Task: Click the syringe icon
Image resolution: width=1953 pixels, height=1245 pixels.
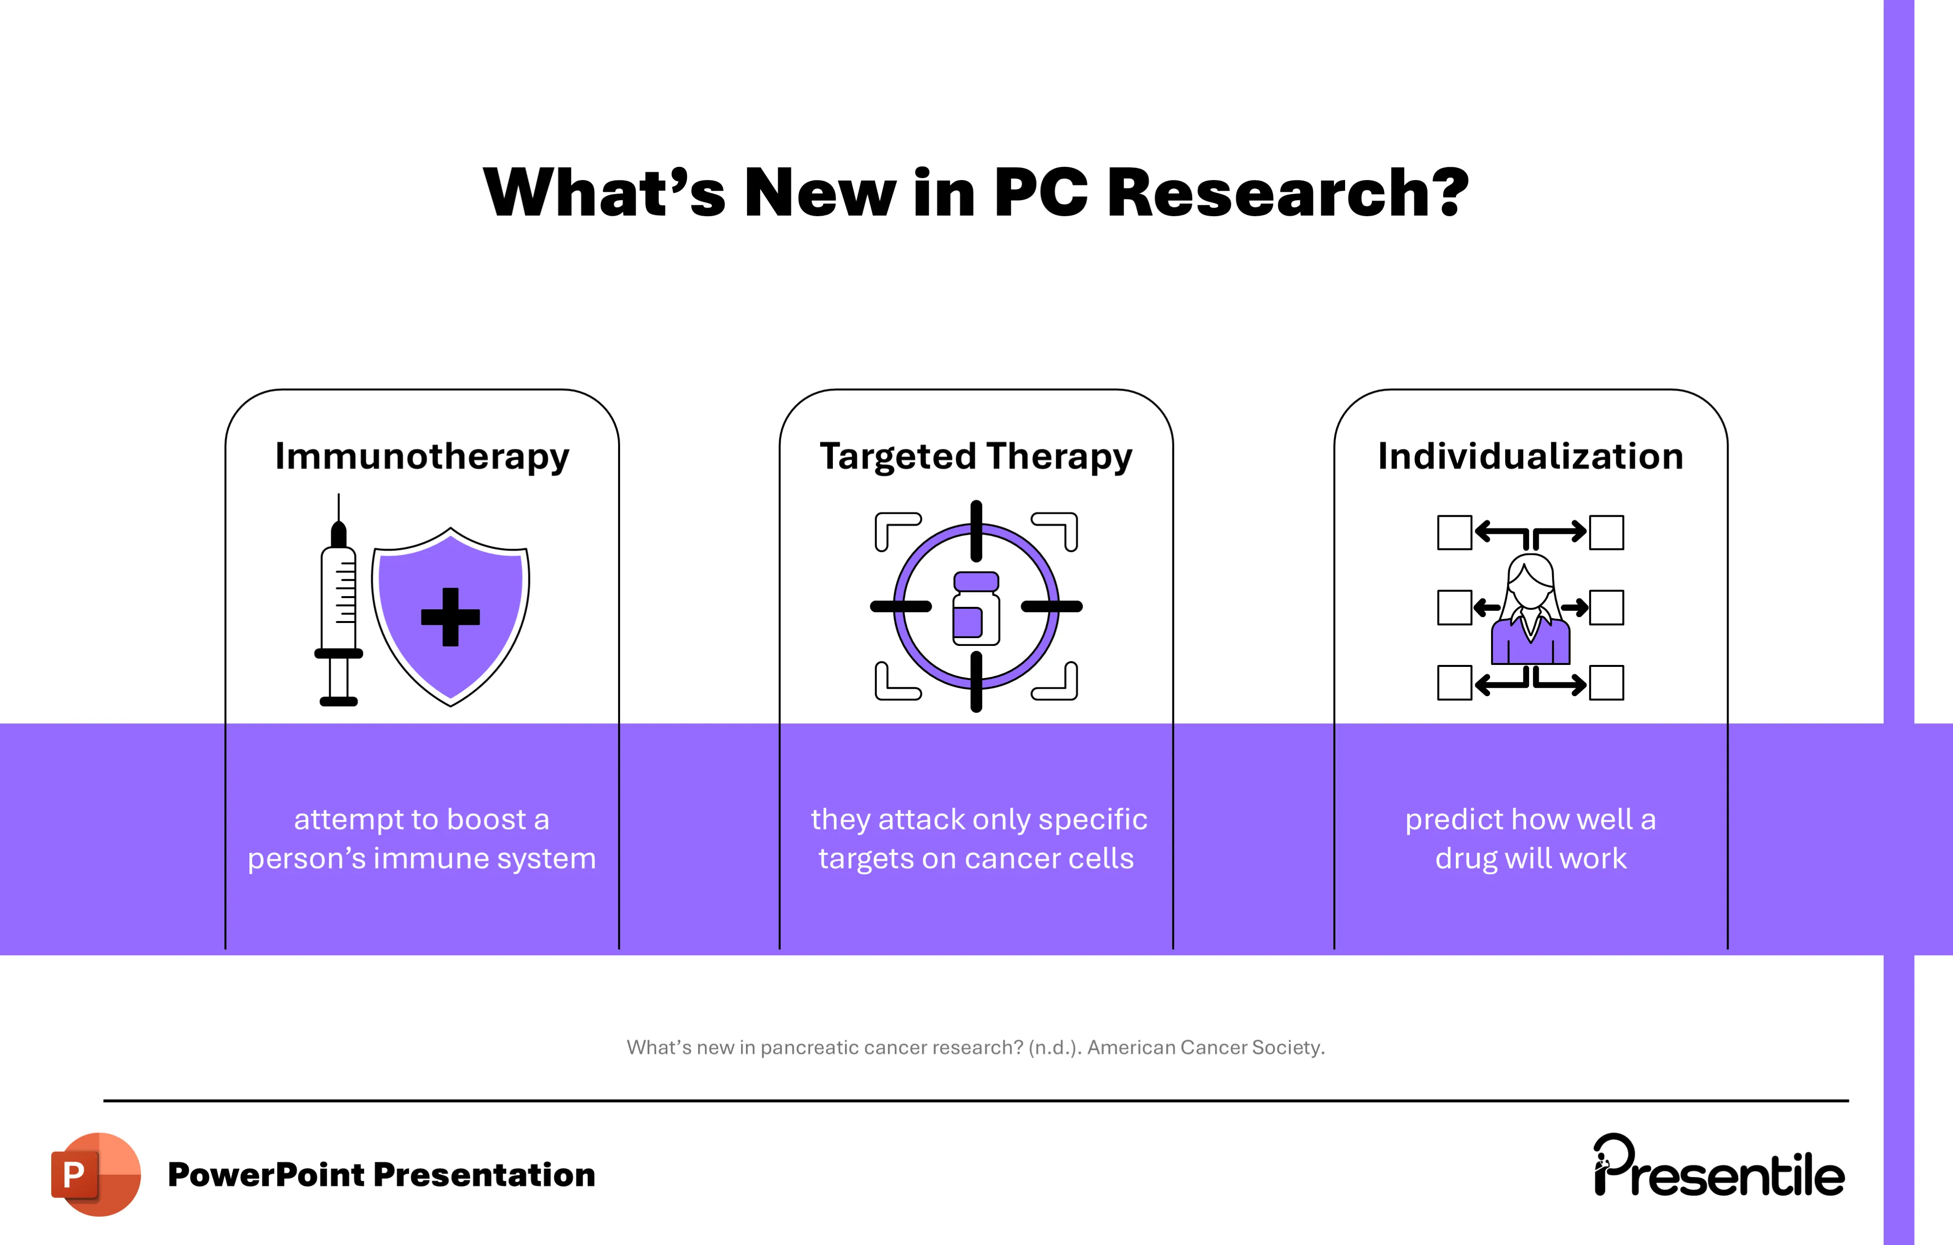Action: (x=339, y=604)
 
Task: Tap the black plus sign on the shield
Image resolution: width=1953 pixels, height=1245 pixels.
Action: (x=450, y=617)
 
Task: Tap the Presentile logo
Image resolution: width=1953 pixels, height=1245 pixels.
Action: (x=1719, y=1168)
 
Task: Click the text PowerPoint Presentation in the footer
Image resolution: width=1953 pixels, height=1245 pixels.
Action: (x=381, y=1174)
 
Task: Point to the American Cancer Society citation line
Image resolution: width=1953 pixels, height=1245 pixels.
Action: (x=976, y=1047)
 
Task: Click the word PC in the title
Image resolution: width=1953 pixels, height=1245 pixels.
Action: (x=1041, y=193)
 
